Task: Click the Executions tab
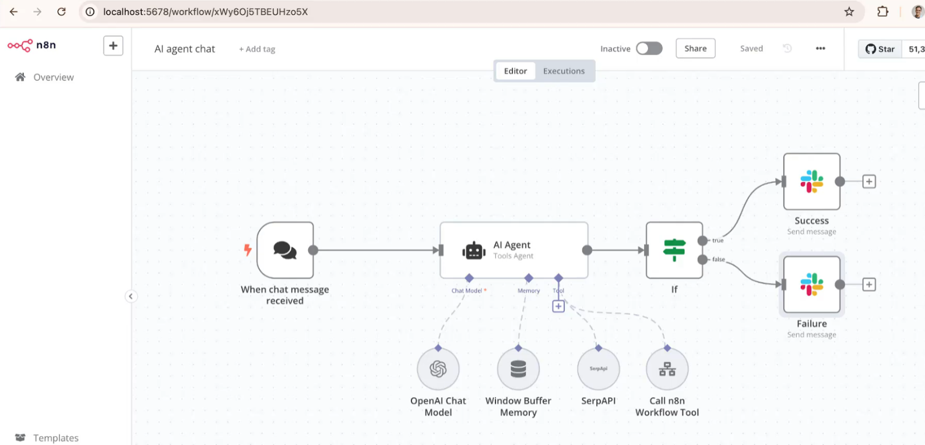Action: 564,71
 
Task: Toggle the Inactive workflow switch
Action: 649,48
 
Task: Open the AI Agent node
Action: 514,250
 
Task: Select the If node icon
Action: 674,250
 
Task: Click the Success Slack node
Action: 812,182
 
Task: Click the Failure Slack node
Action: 812,284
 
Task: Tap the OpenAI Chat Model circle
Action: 438,369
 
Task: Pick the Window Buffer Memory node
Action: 518,369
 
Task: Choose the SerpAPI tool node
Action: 599,369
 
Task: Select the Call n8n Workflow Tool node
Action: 667,369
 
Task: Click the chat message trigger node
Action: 285,250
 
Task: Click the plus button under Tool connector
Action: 558,306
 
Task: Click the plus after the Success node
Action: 869,182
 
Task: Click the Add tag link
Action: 257,49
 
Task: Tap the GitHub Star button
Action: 880,49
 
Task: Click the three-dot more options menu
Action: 821,48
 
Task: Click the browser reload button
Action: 62,12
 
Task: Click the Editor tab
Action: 515,71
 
